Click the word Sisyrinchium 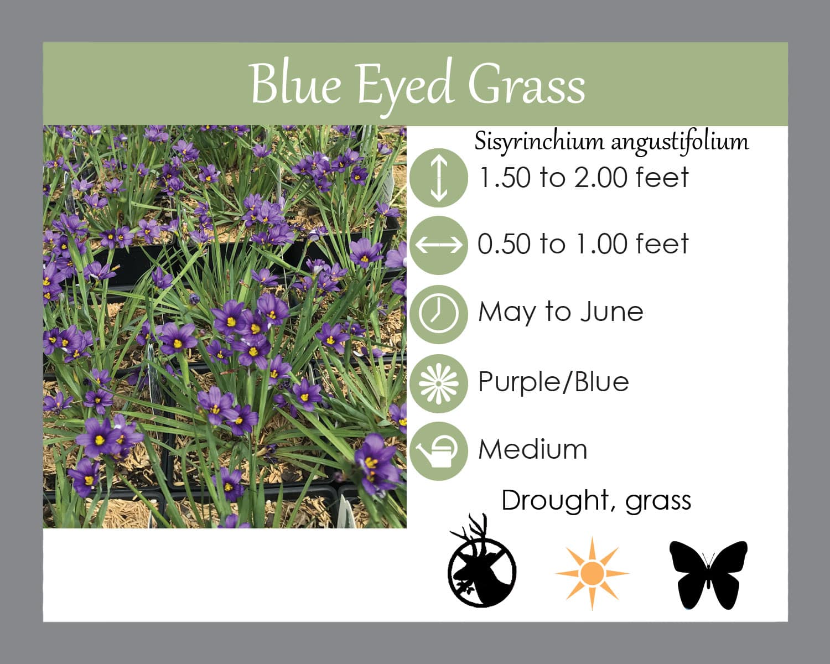click(x=539, y=142)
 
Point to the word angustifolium click(x=679, y=142)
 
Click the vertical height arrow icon click(x=439, y=178)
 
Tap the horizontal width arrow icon click(x=439, y=245)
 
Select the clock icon click(x=439, y=314)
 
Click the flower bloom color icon click(x=439, y=383)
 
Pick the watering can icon click(x=439, y=451)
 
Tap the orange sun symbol click(x=593, y=573)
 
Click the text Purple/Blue click(x=553, y=382)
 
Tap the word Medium click(x=533, y=449)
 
